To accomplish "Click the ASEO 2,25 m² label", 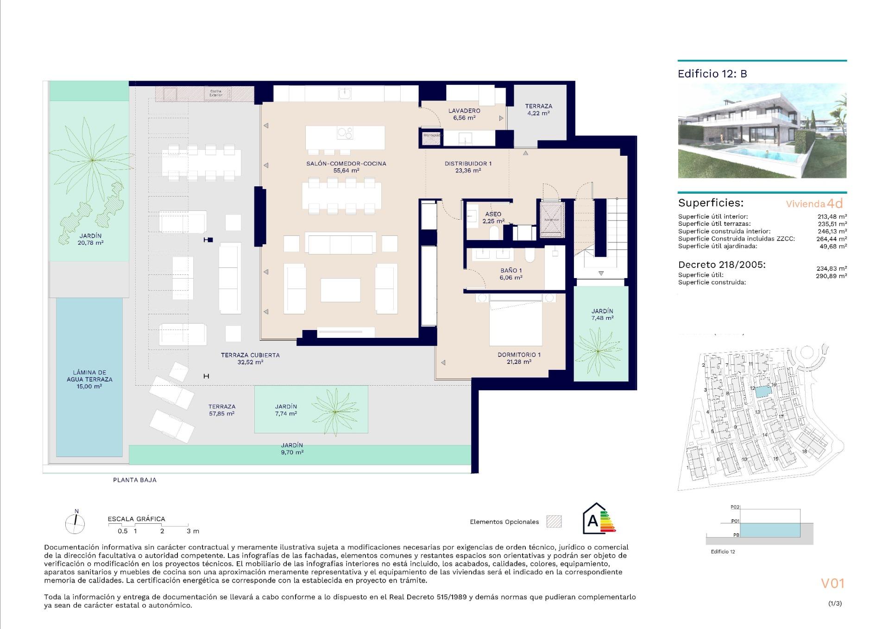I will [x=493, y=217].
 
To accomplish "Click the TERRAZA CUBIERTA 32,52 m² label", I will [x=250, y=358].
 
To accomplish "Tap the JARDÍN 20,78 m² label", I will [x=90, y=239].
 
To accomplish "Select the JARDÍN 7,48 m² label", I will [x=602, y=314].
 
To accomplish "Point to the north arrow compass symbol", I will [x=75, y=523].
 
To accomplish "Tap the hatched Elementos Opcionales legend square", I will [x=554, y=521].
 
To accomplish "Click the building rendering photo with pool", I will [x=762, y=131].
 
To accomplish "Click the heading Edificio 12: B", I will [x=712, y=74].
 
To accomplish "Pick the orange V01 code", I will [x=832, y=583].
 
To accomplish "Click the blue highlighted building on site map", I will [x=761, y=392].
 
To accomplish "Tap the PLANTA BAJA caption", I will [x=135, y=480].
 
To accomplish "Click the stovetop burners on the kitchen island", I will [x=345, y=133].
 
